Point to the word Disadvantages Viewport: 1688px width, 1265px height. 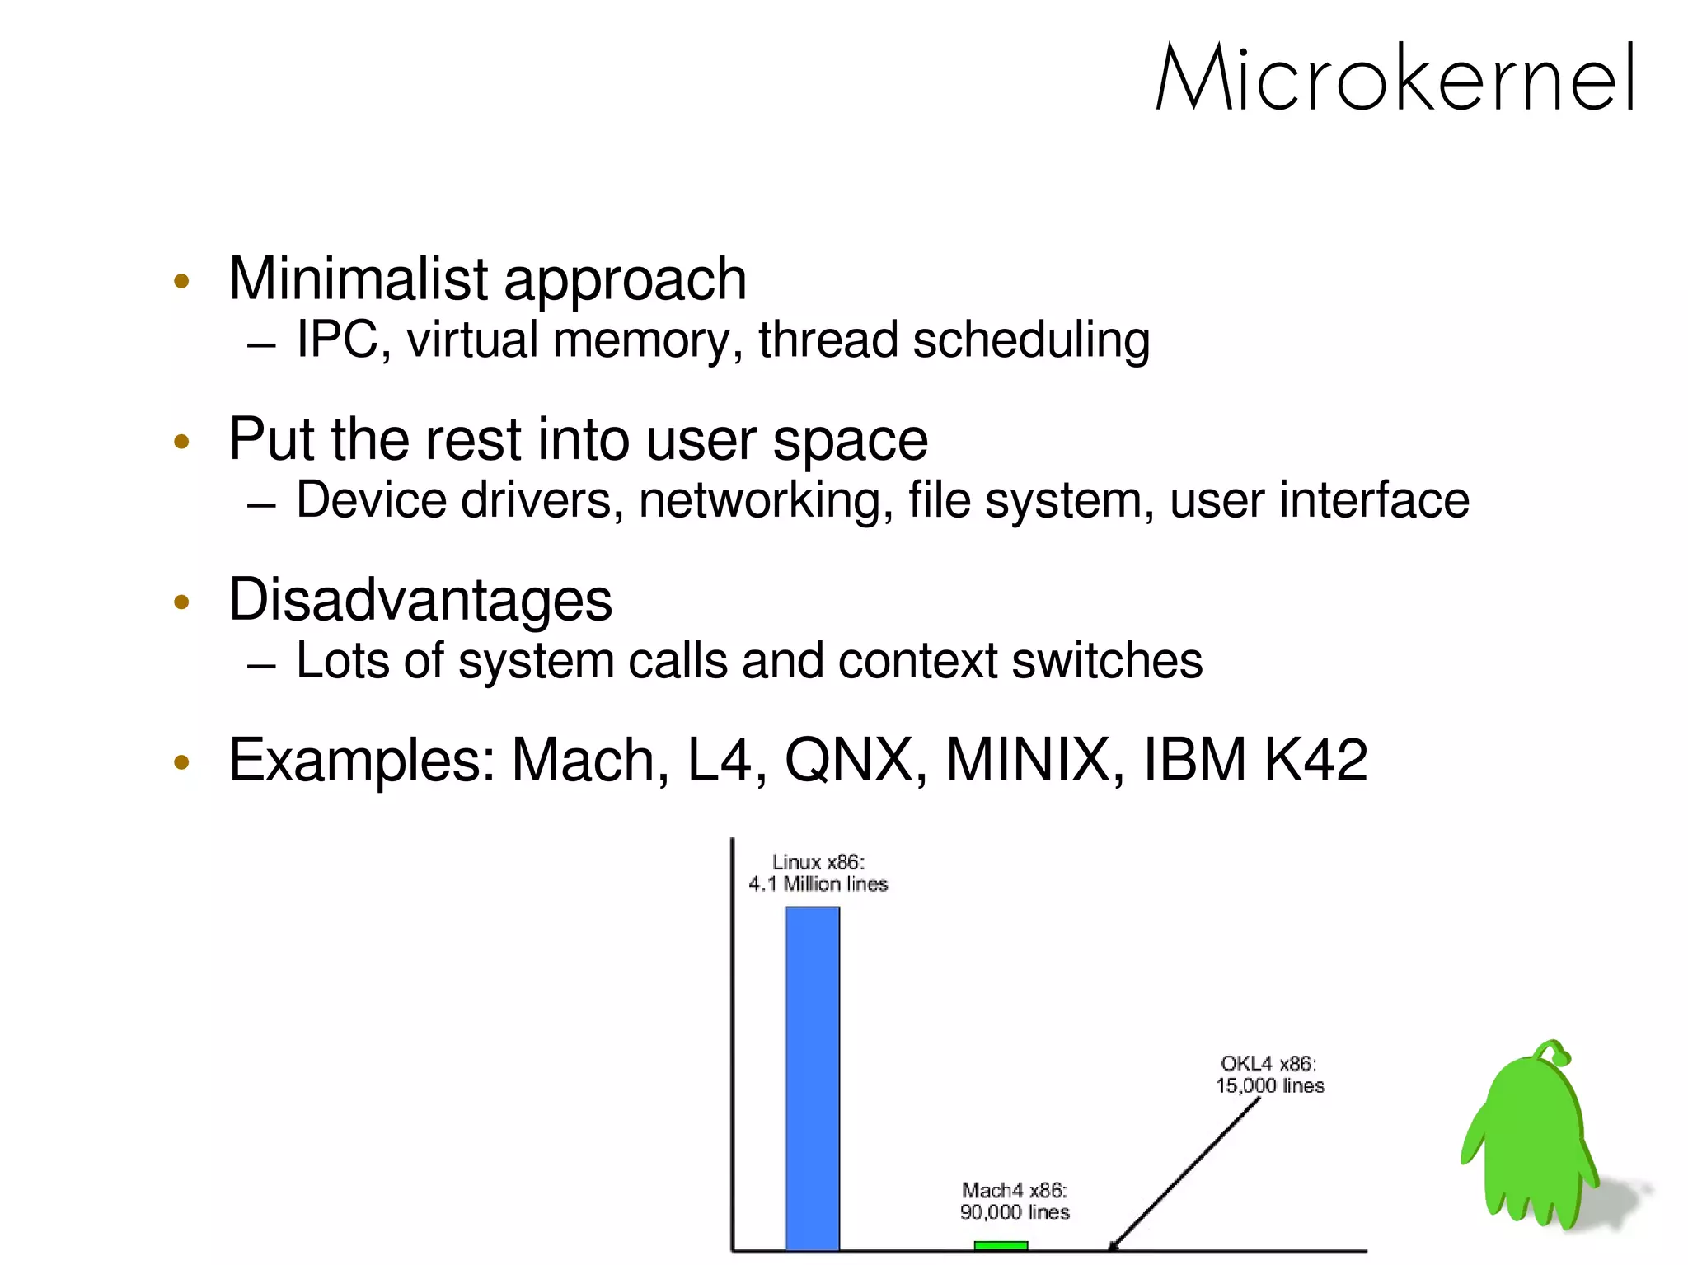(420, 599)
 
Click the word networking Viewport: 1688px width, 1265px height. (766, 500)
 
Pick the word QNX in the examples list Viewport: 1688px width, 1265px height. (848, 759)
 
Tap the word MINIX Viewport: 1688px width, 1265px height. (1027, 759)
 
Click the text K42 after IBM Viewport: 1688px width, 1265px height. (1315, 759)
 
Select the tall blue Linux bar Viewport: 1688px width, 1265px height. (812, 1078)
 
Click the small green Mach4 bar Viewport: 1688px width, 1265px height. (1000, 1245)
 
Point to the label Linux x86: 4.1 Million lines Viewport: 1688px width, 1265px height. (818, 874)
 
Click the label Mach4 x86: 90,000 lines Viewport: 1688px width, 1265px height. (1014, 1202)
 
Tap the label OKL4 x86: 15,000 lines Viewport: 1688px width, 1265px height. (1269, 1075)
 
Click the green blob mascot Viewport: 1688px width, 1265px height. (1529, 1146)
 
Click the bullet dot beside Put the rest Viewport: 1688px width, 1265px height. (182, 441)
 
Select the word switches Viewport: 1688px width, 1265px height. (1107, 661)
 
